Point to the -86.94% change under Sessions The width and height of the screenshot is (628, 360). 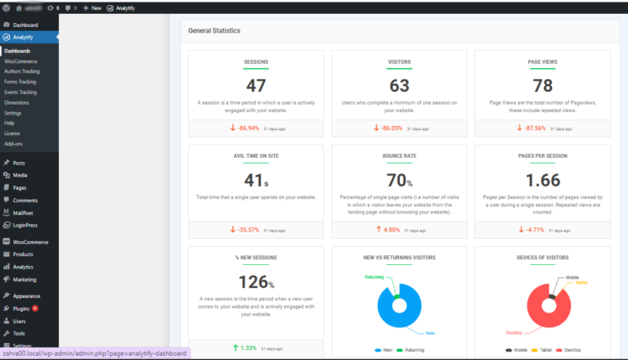tap(246, 128)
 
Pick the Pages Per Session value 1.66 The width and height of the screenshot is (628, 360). tap(542, 180)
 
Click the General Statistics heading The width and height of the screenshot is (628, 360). tap(214, 30)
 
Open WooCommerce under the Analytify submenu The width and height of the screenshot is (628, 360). tap(20, 61)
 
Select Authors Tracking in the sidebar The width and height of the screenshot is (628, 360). tap(22, 71)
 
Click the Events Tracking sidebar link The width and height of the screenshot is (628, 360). tap(20, 92)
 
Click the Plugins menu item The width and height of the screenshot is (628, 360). tap(22, 308)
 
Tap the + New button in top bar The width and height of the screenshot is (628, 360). tap(92, 7)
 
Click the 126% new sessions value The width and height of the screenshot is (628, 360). tap(256, 281)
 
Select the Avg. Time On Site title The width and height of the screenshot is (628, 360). tap(256, 156)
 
